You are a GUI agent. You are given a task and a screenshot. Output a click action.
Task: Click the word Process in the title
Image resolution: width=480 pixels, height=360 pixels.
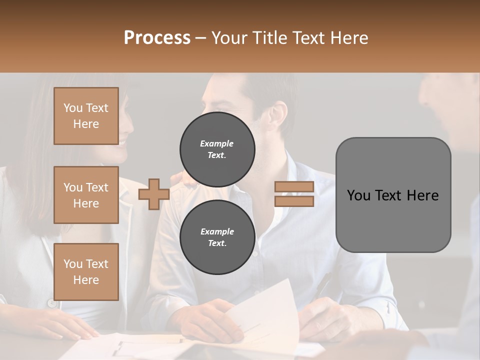[x=157, y=38]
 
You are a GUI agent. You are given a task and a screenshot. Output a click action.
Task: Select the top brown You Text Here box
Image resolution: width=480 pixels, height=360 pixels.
[x=86, y=116]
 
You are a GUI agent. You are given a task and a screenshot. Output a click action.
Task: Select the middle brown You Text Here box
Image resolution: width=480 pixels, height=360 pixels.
[x=86, y=195]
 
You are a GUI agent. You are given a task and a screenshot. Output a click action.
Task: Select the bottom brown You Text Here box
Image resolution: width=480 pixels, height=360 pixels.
[x=86, y=272]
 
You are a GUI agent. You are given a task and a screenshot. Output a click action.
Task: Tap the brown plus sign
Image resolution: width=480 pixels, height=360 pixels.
[x=154, y=194]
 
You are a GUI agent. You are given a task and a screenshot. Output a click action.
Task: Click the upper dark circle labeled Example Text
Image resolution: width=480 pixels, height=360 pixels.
[x=217, y=149]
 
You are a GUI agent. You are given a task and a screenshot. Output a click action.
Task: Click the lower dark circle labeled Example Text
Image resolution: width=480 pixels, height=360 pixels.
[x=217, y=237]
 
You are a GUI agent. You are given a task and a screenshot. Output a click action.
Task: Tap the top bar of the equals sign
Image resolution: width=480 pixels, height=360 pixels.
[x=294, y=186]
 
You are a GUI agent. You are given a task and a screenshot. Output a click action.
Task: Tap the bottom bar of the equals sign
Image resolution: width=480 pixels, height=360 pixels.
[x=294, y=201]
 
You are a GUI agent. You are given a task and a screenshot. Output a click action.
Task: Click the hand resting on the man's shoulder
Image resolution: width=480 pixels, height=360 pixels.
[x=180, y=178]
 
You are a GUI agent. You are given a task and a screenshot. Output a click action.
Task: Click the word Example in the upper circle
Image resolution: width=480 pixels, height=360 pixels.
[x=217, y=143]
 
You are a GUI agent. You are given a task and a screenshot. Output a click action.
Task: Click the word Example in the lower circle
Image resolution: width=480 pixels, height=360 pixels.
[x=217, y=231]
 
